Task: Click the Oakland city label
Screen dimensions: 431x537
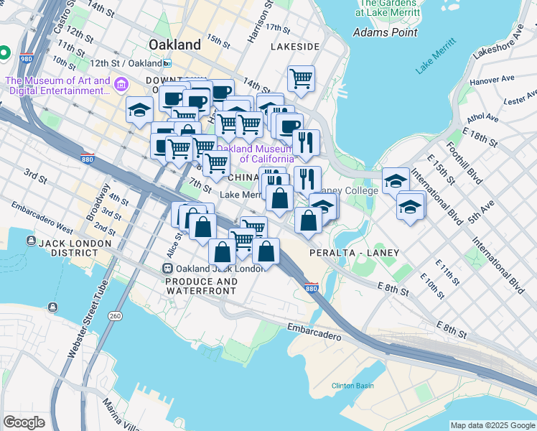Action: tap(176, 45)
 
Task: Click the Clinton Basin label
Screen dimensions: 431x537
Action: tap(352, 386)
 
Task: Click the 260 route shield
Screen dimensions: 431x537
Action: tap(115, 316)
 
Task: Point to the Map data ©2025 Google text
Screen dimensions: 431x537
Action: tap(492, 425)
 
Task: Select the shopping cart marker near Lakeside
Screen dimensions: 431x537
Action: tap(302, 78)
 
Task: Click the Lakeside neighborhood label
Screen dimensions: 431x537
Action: tap(295, 46)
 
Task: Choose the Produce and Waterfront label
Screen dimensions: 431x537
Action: tap(201, 286)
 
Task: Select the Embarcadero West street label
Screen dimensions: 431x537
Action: tap(42, 218)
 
